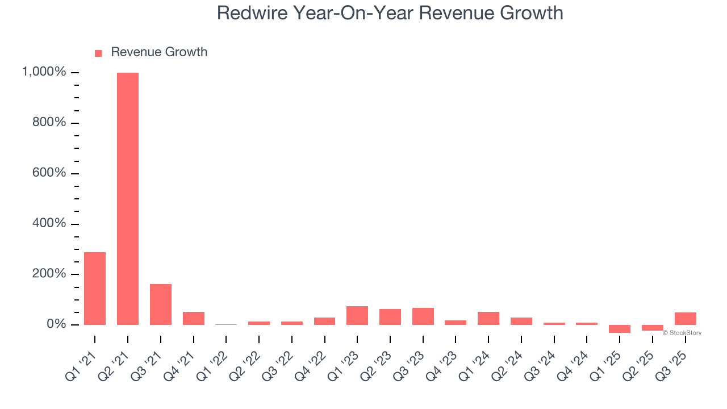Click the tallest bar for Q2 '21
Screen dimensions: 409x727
click(x=128, y=199)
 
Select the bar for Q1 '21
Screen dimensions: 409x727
click(x=95, y=289)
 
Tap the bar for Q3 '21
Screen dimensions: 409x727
click(x=161, y=304)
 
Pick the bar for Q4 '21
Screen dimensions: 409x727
click(x=194, y=318)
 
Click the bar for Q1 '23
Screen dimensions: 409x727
click(x=357, y=315)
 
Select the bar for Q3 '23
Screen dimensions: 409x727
click(x=423, y=316)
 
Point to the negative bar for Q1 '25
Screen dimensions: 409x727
click(x=620, y=329)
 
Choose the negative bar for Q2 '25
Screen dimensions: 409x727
click(x=653, y=328)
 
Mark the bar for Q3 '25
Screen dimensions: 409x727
click(x=686, y=319)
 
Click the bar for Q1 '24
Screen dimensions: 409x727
click(x=488, y=318)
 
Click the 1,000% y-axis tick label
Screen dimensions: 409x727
click(x=44, y=72)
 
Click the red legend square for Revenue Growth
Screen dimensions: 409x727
click(x=98, y=53)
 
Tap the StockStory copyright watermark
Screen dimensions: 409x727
click(x=682, y=333)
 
